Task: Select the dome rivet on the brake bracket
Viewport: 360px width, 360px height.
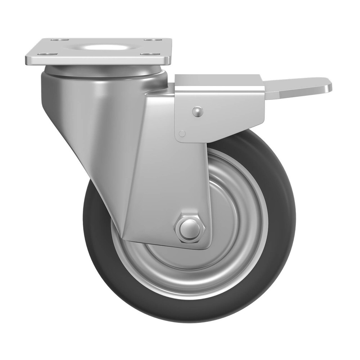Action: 198,112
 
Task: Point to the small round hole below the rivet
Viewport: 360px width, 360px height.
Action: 183,134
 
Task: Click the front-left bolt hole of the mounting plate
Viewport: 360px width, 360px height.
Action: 43,54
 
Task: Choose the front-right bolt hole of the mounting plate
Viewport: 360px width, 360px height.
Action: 147,54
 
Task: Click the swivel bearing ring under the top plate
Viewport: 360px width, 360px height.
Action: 101,71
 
